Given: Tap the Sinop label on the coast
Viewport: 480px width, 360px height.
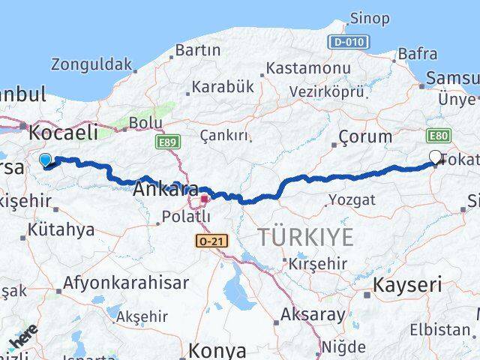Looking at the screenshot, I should point(370,17).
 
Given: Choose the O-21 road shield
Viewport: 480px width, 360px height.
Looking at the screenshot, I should point(210,241).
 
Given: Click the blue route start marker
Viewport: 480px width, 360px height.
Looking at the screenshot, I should point(45,160).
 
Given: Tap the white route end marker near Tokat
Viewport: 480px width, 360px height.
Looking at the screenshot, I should point(436,157).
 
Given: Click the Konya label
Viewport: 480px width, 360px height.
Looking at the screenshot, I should point(217,349).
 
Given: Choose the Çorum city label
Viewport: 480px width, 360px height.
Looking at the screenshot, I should point(364,136).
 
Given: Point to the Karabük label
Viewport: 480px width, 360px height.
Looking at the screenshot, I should point(223,87).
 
